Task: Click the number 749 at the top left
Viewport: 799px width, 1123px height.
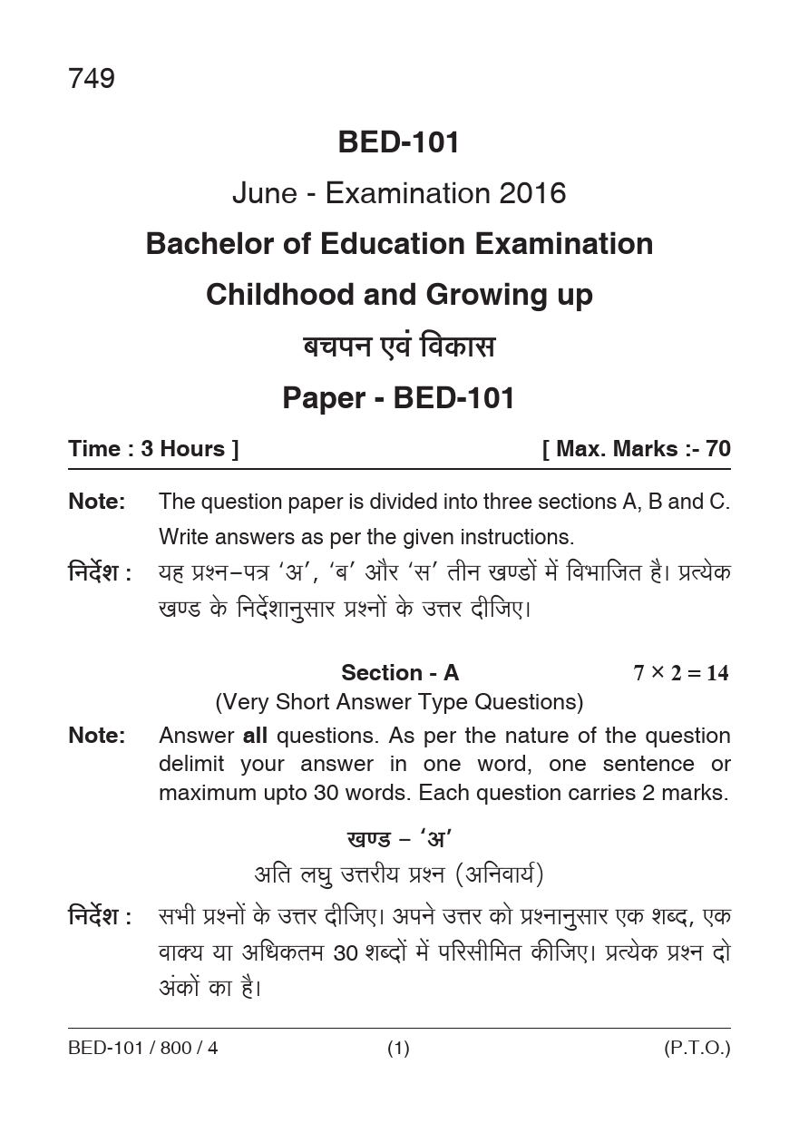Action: coord(91,80)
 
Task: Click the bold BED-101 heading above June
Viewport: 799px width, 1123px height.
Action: coord(399,142)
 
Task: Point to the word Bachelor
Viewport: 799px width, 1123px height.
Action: coord(206,244)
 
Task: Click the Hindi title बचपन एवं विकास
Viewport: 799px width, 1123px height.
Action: coord(399,347)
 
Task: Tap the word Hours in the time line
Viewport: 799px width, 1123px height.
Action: coord(193,449)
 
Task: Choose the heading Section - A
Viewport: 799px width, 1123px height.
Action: coord(400,673)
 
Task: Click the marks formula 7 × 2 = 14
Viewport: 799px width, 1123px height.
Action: coord(680,673)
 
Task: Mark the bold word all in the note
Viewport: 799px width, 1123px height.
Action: coord(255,736)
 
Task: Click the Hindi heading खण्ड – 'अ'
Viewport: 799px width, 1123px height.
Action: coord(399,839)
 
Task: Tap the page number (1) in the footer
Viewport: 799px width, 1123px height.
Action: coord(399,1049)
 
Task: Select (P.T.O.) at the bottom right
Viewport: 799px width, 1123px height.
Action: coord(697,1049)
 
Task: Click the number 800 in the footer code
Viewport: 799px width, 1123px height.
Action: coord(176,1049)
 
